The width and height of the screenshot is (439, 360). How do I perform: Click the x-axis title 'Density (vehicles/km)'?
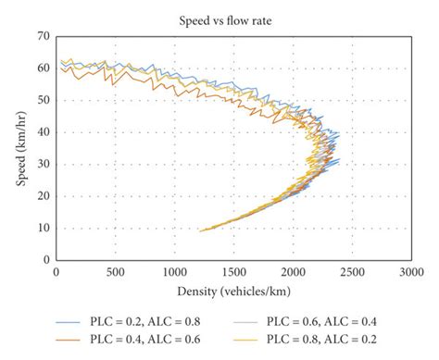[232, 292]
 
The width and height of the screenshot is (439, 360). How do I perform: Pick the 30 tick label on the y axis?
[43, 165]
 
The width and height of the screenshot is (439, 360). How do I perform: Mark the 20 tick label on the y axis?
[43, 196]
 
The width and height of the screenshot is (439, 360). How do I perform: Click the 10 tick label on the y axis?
[43, 229]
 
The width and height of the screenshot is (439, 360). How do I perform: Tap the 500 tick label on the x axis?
[115, 273]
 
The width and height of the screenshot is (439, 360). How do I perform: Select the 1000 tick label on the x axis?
[173, 273]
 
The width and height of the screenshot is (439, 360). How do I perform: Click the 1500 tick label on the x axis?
[232, 273]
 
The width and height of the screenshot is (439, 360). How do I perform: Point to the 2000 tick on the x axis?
[292, 273]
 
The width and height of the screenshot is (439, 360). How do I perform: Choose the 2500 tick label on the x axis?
[351, 273]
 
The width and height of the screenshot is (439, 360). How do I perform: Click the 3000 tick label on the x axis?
[409, 273]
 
